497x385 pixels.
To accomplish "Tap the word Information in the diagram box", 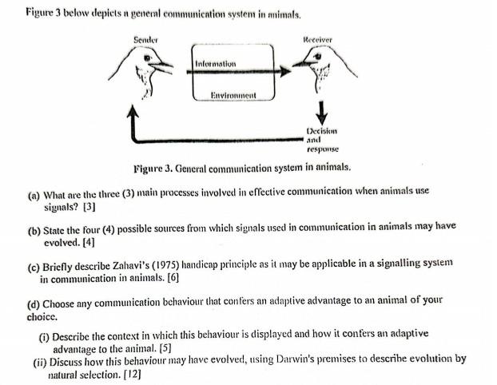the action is (x=215, y=63).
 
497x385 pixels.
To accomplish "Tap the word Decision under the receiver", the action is (x=323, y=131).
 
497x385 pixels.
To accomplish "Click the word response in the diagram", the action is (x=323, y=149).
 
